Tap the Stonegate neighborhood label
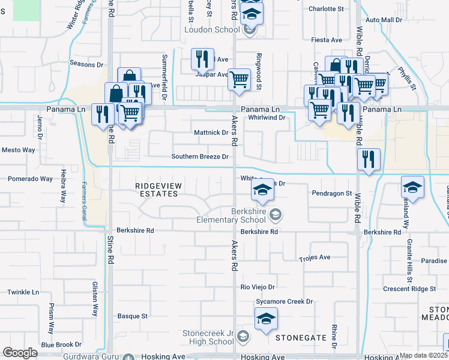300,338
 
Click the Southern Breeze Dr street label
200,157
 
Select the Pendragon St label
332,193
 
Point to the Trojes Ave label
315,257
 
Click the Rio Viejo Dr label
258,287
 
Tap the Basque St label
132,316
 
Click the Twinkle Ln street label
23,292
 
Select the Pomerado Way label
30,179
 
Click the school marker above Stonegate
266,319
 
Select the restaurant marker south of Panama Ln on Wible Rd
369,159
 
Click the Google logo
20,353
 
